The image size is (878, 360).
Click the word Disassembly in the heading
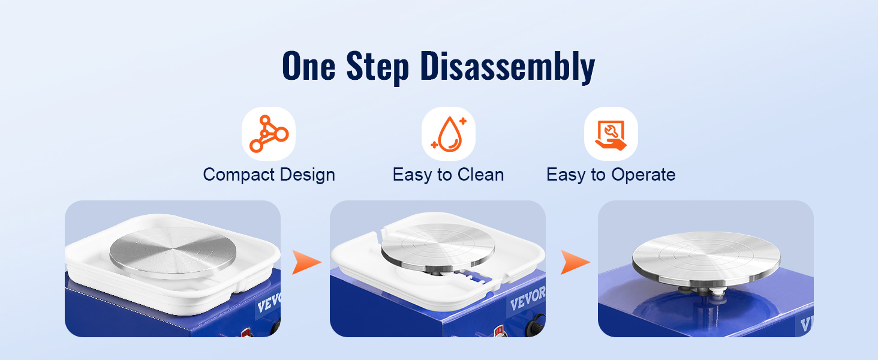click(x=507, y=67)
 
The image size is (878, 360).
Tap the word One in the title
click(x=309, y=66)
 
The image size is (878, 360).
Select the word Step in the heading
click(x=378, y=67)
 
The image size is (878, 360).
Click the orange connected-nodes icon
click(x=269, y=134)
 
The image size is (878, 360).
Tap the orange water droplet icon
click(x=449, y=134)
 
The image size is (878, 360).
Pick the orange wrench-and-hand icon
click(x=611, y=134)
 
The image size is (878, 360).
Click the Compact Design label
click(x=269, y=175)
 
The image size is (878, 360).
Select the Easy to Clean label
click(x=449, y=175)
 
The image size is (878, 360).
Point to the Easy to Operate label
click(x=611, y=175)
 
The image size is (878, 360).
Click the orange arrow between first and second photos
click(x=306, y=262)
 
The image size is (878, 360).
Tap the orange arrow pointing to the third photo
click(x=575, y=262)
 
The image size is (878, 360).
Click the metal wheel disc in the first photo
click(x=173, y=252)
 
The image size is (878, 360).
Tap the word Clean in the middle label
click(x=481, y=174)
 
